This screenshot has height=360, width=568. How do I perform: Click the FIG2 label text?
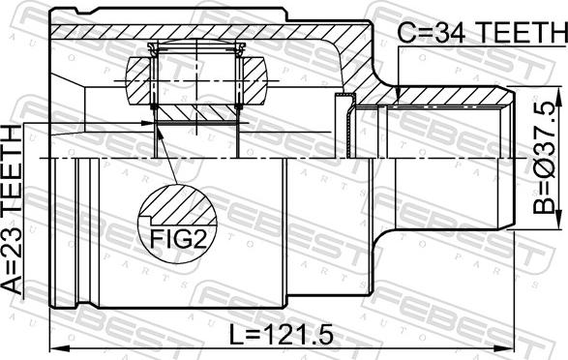178,238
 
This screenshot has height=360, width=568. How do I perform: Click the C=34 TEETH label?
483,32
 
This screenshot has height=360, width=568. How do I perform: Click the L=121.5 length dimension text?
282,334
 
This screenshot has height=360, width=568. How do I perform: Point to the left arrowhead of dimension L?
59,348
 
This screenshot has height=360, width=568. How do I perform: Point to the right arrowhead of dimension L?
504,348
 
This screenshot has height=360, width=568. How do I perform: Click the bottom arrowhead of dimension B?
560,220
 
